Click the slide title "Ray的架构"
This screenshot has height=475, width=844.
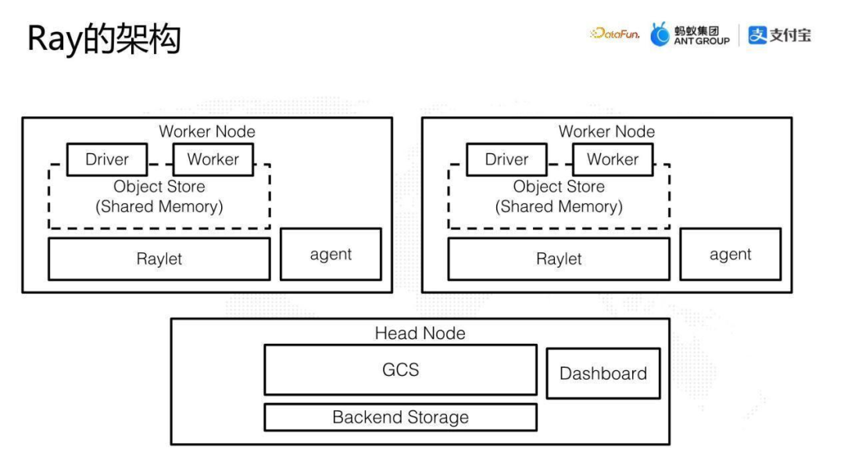click(x=104, y=39)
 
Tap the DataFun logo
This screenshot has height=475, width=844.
click(x=615, y=34)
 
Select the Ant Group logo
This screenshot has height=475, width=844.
click(x=691, y=35)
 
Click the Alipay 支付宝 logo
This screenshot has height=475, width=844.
click(x=779, y=35)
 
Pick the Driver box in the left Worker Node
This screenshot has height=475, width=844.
click(x=107, y=159)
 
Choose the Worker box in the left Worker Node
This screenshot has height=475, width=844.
click(x=213, y=159)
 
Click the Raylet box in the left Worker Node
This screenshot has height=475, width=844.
click(x=159, y=259)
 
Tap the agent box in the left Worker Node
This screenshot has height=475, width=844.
click(x=331, y=254)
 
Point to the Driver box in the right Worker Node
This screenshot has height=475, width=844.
click(x=506, y=159)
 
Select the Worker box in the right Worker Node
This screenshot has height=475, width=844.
click(x=613, y=159)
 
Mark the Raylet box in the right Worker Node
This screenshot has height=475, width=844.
click(x=559, y=259)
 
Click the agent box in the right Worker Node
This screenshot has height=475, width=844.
click(x=730, y=254)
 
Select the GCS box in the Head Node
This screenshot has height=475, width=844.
click(x=400, y=370)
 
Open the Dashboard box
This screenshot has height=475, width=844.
click(x=603, y=373)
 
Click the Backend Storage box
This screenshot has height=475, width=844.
click(x=400, y=417)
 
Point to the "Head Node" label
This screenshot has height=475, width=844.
click(x=420, y=334)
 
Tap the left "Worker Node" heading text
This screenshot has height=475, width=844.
click(x=207, y=131)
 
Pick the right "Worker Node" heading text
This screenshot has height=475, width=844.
click(x=606, y=131)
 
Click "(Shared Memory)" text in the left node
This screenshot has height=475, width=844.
click(x=159, y=207)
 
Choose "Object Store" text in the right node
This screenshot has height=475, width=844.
click(x=559, y=187)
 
